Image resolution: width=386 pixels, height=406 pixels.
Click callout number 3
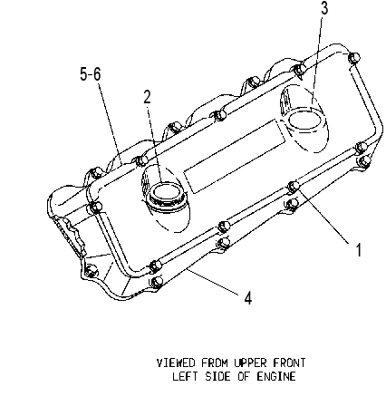[324, 8]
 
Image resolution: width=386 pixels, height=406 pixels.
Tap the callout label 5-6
[91, 74]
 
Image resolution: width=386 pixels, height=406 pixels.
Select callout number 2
[147, 97]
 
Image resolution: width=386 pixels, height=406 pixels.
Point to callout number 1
[359, 250]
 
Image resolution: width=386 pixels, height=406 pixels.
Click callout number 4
[248, 298]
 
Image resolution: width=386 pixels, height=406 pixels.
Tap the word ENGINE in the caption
[276, 376]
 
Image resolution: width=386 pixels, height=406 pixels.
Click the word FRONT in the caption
[289, 362]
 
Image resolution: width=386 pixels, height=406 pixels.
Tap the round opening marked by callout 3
[304, 120]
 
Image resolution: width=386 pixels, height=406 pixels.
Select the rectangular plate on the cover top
[235, 156]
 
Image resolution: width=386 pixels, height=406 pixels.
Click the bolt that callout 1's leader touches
[294, 186]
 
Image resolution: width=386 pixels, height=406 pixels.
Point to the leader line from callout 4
[215, 281]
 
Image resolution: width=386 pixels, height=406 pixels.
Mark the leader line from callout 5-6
[111, 122]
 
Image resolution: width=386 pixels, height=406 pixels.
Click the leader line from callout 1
[323, 216]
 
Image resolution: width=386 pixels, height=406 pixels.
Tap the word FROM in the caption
[215, 362]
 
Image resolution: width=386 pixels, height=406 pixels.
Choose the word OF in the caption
[244, 376]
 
